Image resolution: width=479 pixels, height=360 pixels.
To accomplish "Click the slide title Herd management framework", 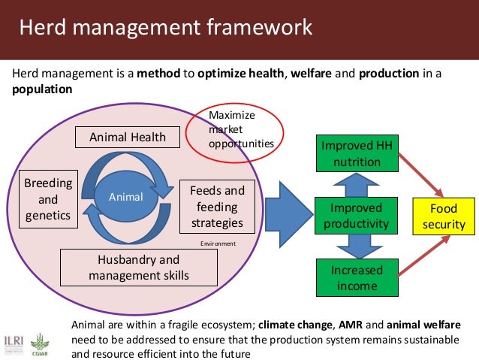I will point(165,29).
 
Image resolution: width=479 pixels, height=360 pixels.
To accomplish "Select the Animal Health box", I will point(128,137).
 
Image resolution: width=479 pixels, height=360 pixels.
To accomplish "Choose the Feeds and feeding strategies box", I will point(217,207).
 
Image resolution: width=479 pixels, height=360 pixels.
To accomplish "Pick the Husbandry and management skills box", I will point(138,268).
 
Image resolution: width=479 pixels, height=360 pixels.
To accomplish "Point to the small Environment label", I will point(218,244).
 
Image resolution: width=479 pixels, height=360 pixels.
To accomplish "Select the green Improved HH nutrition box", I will point(357,153).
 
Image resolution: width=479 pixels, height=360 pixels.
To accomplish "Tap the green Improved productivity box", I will point(357,215).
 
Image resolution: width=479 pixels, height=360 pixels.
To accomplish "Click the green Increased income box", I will point(357,277).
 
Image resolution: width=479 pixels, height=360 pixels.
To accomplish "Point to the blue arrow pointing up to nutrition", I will point(357,184).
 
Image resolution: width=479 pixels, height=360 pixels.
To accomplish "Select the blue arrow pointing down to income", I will point(357,245).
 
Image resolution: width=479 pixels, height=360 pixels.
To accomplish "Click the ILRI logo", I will point(14,341).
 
